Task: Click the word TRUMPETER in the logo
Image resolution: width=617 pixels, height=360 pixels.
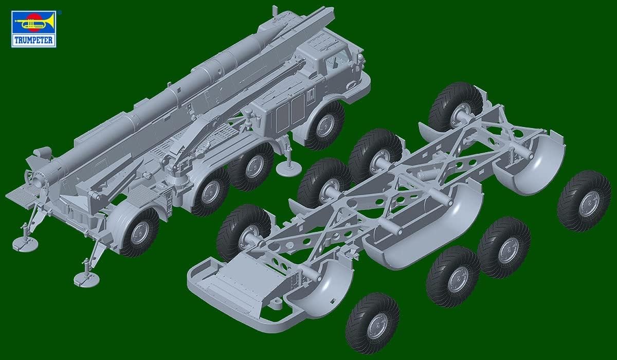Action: click(33, 41)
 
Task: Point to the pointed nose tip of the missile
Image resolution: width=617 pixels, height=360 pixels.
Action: click(277, 27)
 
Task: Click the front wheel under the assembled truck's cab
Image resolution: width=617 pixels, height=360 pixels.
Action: click(326, 125)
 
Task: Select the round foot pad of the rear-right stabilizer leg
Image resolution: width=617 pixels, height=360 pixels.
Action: click(87, 280)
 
